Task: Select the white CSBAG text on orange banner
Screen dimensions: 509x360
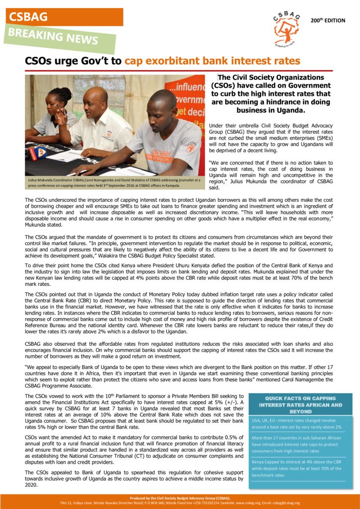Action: pyautogui.click(x=28, y=16)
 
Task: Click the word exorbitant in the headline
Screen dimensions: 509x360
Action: pyautogui.click(x=173, y=61)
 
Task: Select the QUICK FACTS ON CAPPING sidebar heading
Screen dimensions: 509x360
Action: pyautogui.click(x=301, y=405)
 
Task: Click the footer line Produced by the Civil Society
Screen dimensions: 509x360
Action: pyautogui.click(x=180, y=498)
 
